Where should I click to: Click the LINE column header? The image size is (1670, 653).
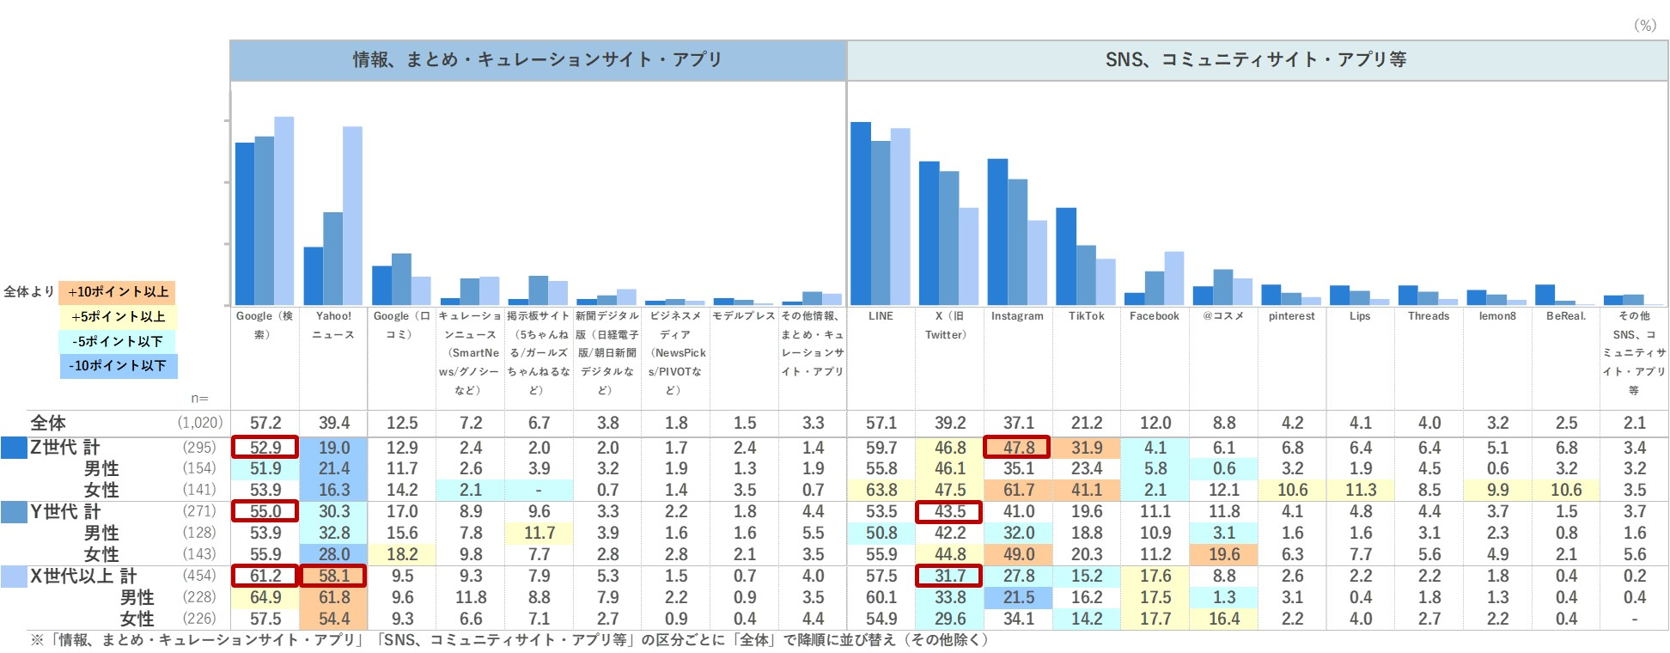click(x=881, y=316)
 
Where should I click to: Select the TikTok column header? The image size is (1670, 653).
click(x=1087, y=316)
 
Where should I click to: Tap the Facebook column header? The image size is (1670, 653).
click(x=1155, y=316)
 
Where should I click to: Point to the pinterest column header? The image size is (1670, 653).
click(x=1292, y=316)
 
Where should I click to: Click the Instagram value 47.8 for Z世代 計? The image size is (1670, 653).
click(x=1019, y=448)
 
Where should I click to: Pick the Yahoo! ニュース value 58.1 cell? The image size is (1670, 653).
click(x=333, y=576)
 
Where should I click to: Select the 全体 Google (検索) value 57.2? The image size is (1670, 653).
click(x=265, y=423)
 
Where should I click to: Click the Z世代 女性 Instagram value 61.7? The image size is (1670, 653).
click(x=1019, y=490)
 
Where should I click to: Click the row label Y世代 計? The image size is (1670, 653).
click(x=65, y=512)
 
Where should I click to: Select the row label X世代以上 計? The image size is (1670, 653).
click(x=83, y=576)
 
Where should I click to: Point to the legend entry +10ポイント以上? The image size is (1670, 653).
click(x=118, y=292)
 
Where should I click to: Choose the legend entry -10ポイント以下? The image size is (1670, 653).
click(x=118, y=366)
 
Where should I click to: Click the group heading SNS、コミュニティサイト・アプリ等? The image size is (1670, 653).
click(x=1256, y=59)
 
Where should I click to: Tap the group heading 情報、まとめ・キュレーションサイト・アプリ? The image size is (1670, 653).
click(x=538, y=59)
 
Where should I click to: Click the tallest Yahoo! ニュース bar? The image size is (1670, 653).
click(x=352, y=215)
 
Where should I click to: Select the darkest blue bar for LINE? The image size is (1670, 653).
click(x=861, y=213)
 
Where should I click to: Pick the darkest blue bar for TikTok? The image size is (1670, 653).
click(x=1066, y=256)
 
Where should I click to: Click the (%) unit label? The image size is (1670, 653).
click(x=1644, y=26)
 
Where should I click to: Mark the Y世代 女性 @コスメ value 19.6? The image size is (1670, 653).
click(x=1224, y=554)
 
